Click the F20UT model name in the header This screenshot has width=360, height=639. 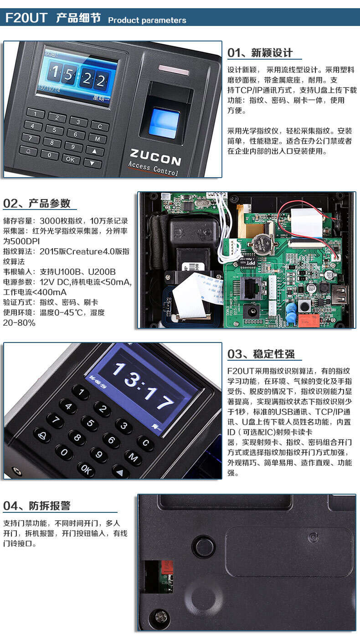pyautogui.click(x=26, y=18)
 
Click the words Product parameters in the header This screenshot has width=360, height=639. pyautogui.click(x=147, y=20)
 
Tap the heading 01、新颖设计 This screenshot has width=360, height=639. pyautogui.click(x=260, y=53)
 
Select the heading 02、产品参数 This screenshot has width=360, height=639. pyautogui.click(x=36, y=203)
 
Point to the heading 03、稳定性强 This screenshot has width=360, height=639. pyautogui.click(x=261, y=354)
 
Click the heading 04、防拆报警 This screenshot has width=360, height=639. pyautogui.click(x=36, y=506)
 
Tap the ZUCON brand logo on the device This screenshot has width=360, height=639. pyautogui.click(x=155, y=157)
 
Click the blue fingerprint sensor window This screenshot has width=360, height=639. pyautogui.click(x=164, y=122)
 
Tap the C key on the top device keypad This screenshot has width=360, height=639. pyautogui.click(x=100, y=126)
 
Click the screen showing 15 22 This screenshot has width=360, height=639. pyautogui.click(x=77, y=77)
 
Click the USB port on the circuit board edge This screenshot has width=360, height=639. pyautogui.click(x=339, y=295)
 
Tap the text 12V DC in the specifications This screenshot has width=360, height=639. pyautogui.click(x=55, y=282)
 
